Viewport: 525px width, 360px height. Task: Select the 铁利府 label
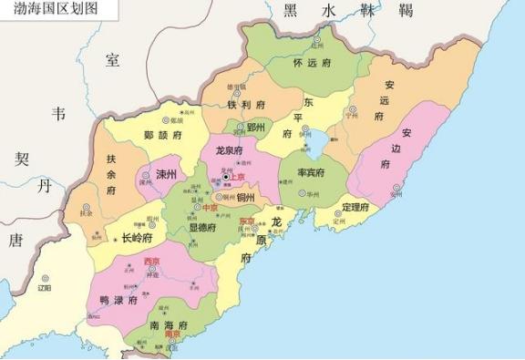pyautogui.click(x=246, y=104)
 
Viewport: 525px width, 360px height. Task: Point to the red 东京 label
pyautogui.click(x=247, y=221)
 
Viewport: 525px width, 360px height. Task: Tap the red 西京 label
pyautogui.click(x=152, y=262)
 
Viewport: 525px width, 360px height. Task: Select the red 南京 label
pyautogui.click(x=171, y=334)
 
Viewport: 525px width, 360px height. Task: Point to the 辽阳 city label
pyautogui.click(x=44, y=288)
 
